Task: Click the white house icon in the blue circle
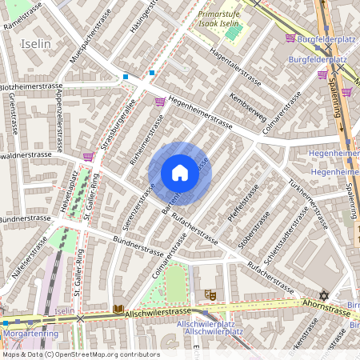click(180, 173)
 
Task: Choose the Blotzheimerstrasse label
click(30, 86)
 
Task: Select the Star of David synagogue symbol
click(325, 294)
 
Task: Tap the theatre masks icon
click(210, 294)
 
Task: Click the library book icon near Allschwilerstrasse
click(118, 309)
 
